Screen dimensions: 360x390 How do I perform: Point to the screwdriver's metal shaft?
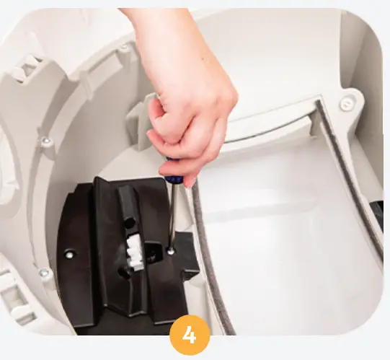tap(172, 216)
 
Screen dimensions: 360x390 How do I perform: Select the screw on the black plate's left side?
tap(69, 254)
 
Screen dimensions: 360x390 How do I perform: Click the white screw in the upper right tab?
tap(347, 103)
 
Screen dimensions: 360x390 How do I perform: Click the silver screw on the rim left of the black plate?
tap(44, 273)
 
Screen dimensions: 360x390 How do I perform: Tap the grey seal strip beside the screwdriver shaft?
tap(203, 238)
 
